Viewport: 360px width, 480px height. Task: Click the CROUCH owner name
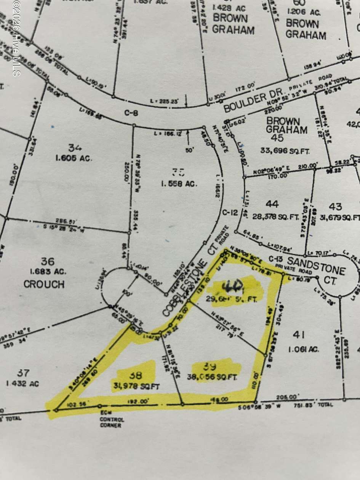pos(44,284)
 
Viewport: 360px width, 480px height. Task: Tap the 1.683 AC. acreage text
pos(48,272)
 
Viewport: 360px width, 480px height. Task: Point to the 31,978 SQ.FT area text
pos(135,386)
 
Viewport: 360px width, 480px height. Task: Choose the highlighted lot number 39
pos(210,366)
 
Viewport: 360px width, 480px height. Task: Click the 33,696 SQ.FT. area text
pos(285,151)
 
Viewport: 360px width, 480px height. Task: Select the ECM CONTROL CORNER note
pos(112,420)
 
